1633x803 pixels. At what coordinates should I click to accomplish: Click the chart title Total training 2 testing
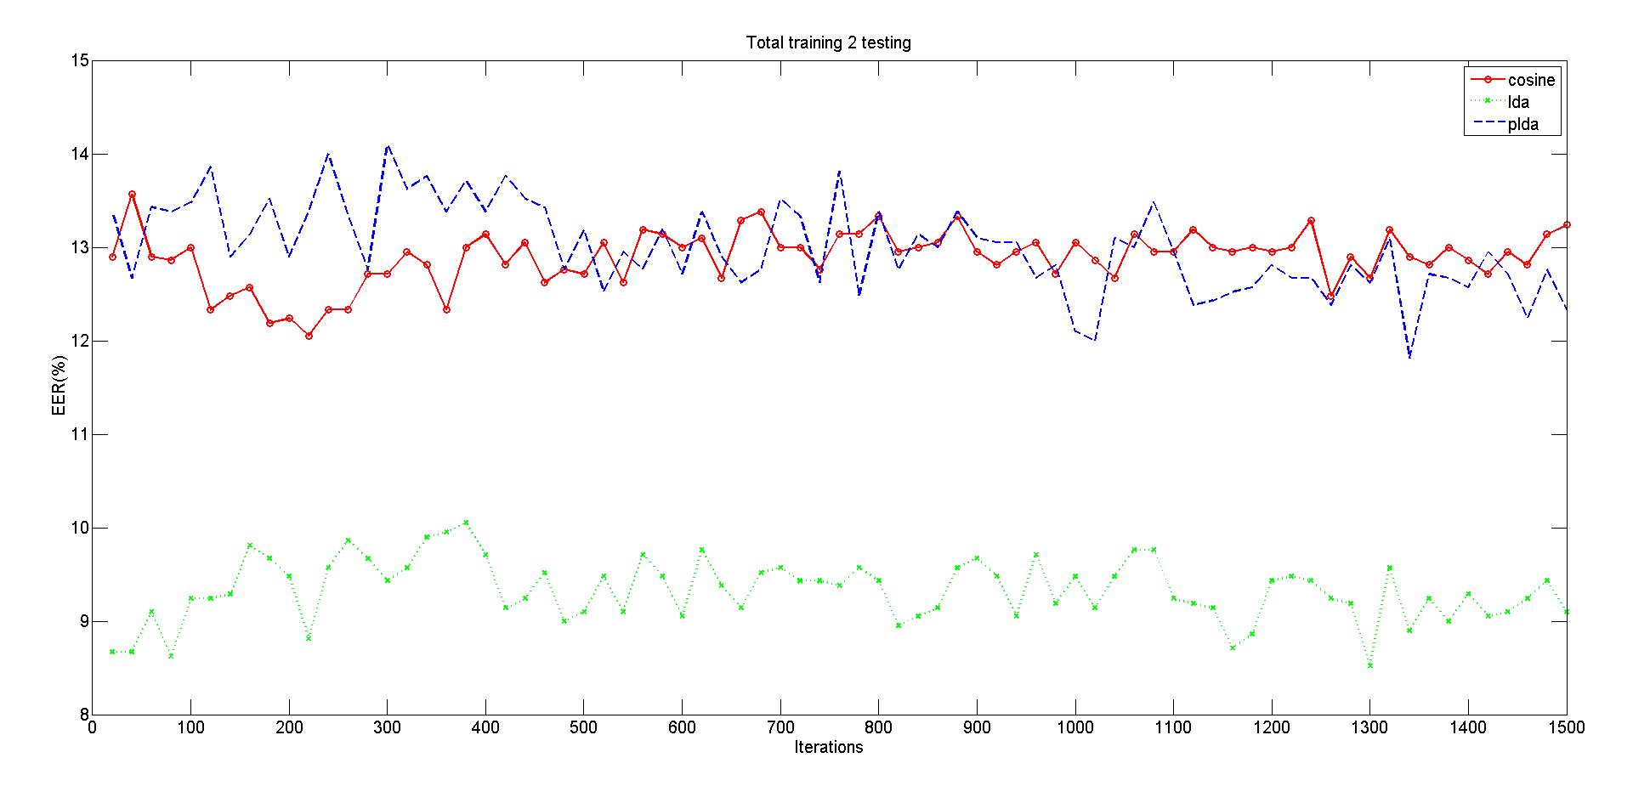pos(828,42)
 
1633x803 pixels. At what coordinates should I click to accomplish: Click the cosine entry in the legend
pos(1530,81)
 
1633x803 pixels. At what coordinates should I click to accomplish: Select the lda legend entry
pos(1518,103)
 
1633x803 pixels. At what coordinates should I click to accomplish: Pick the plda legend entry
pos(1522,125)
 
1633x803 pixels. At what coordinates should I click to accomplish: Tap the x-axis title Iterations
pos(828,748)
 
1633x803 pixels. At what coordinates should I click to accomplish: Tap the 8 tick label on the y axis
pos(84,715)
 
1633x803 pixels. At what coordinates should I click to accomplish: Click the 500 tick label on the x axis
pos(583,729)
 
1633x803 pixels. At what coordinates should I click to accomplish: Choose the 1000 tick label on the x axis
pos(1075,729)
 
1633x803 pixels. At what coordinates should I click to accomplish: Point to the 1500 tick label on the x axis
pos(1567,729)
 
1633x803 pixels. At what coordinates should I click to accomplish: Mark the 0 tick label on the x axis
pos(93,729)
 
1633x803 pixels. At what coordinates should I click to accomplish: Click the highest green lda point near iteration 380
pos(466,523)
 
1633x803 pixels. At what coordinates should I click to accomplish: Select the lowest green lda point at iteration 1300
pos(1370,665)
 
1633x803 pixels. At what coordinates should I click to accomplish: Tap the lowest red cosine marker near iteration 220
pos(309,336)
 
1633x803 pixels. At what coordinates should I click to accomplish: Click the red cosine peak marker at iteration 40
pos(132,195)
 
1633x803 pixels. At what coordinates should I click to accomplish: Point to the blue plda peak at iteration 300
pos(388,145)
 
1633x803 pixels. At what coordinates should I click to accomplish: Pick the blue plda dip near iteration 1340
pos(1409,357)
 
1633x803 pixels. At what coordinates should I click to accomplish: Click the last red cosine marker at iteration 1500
pos(1567,225)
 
